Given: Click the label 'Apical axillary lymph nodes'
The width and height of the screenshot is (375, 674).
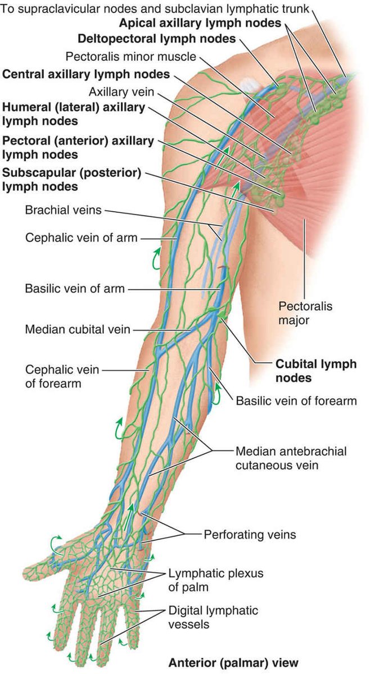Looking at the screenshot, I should pyautogui.click(x=200, y=23).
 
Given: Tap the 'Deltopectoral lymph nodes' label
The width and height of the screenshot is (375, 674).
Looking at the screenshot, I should pyautogui.click(x=157, y=39).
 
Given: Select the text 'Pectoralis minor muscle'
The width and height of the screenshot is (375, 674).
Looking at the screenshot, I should pyautogui.click(x=131, y=57).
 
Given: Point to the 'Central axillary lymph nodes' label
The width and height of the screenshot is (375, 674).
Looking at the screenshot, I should pyautogui.click(x=86, y=74).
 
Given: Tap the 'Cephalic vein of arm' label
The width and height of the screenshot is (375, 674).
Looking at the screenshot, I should pyautogui.click(x=81, y=237).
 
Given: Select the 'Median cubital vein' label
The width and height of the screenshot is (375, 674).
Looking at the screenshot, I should pyautogui.click(x=77, y=329).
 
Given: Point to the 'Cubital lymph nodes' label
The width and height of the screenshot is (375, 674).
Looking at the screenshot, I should pyautogui.click(x=315, y=371).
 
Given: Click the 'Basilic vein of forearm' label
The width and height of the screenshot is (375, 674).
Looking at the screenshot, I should pyautogui.click(x=296, y=400).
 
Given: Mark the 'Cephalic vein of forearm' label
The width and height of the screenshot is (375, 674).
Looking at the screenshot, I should pyautogui.click(x=62, y=376).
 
